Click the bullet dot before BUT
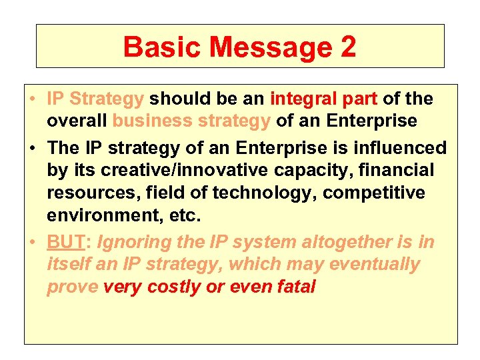tap(33, 241)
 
